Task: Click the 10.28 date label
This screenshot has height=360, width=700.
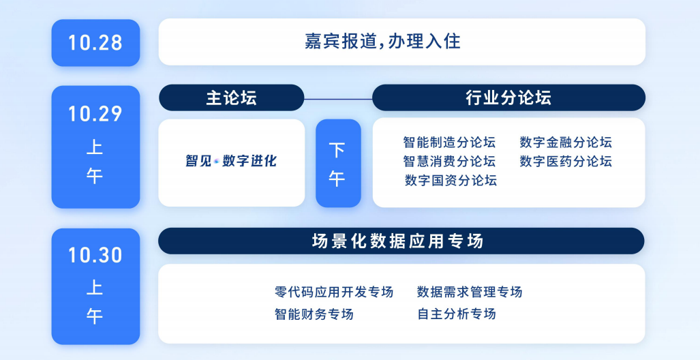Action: click(x=95, y=43)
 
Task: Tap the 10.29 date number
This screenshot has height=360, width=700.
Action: click(x=95, y=114)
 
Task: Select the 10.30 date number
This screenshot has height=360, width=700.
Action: click(x=95, y=255)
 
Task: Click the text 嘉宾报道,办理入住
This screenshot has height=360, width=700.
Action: click(x=382, y=42)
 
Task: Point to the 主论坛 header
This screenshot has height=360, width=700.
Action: click(x=231, y=97)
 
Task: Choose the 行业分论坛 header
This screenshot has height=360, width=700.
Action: click(x=508, y=97)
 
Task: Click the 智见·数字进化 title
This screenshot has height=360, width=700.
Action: click(x=231, y=161)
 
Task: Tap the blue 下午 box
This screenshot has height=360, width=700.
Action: click(x=338, y=163)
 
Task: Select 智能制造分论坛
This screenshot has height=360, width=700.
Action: click(x=449, y=142)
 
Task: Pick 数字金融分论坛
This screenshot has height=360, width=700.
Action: click(x=566, y=142)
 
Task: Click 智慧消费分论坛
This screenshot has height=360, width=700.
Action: click(x=449, y=161)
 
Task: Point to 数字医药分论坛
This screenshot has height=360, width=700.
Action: click(x=566, y=161)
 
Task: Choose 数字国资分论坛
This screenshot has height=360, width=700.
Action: click(x=451, y=181)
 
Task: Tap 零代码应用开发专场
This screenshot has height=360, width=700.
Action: click(x=334, y=292)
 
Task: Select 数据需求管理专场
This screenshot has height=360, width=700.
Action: click(x=470, y=292)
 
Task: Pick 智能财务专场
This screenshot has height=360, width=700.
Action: click(x=314, y=314)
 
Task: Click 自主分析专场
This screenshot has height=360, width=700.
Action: click(x=457, y=314)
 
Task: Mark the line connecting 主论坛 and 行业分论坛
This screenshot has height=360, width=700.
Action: click(x=338, y=99)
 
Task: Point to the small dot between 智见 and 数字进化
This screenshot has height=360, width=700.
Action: click(x=217, y=161)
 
